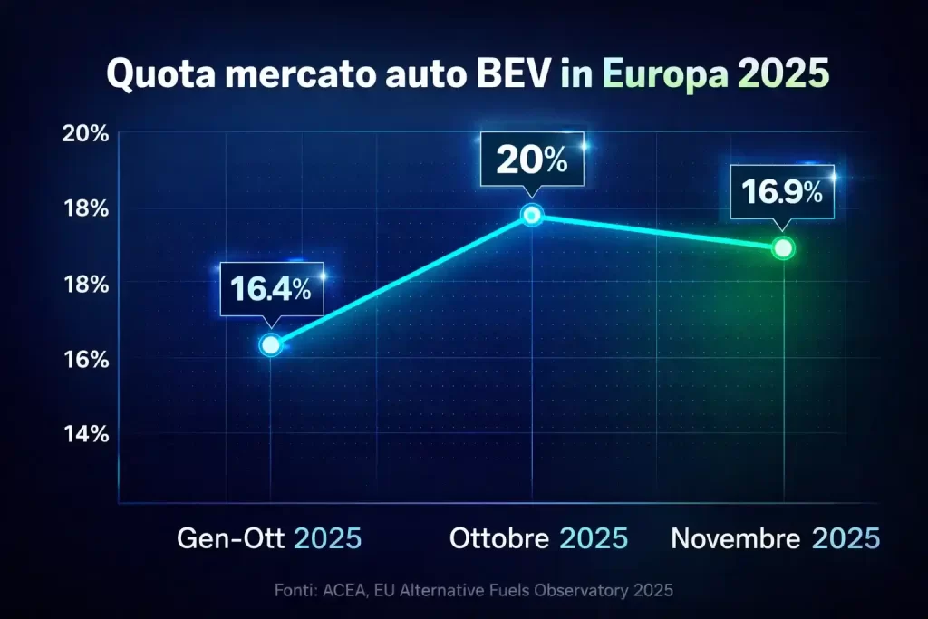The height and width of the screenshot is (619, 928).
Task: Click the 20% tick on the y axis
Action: coord(86,134)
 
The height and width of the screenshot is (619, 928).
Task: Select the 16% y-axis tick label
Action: coord(86,359)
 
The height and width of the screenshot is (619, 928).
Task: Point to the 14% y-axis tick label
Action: coord(86,433)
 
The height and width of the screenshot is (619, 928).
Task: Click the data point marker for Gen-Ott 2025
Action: coord(270,344)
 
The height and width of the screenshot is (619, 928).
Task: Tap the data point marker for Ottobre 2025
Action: coord(532,215)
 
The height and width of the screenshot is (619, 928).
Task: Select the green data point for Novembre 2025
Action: coord(783,247)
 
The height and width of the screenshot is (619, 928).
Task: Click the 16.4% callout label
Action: coord(270,289)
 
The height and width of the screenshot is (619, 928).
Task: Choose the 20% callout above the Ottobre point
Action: coord(531,161)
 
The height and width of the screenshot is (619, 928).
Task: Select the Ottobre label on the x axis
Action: coord(499,538)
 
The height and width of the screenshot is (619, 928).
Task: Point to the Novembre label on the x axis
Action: coord(736,538)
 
